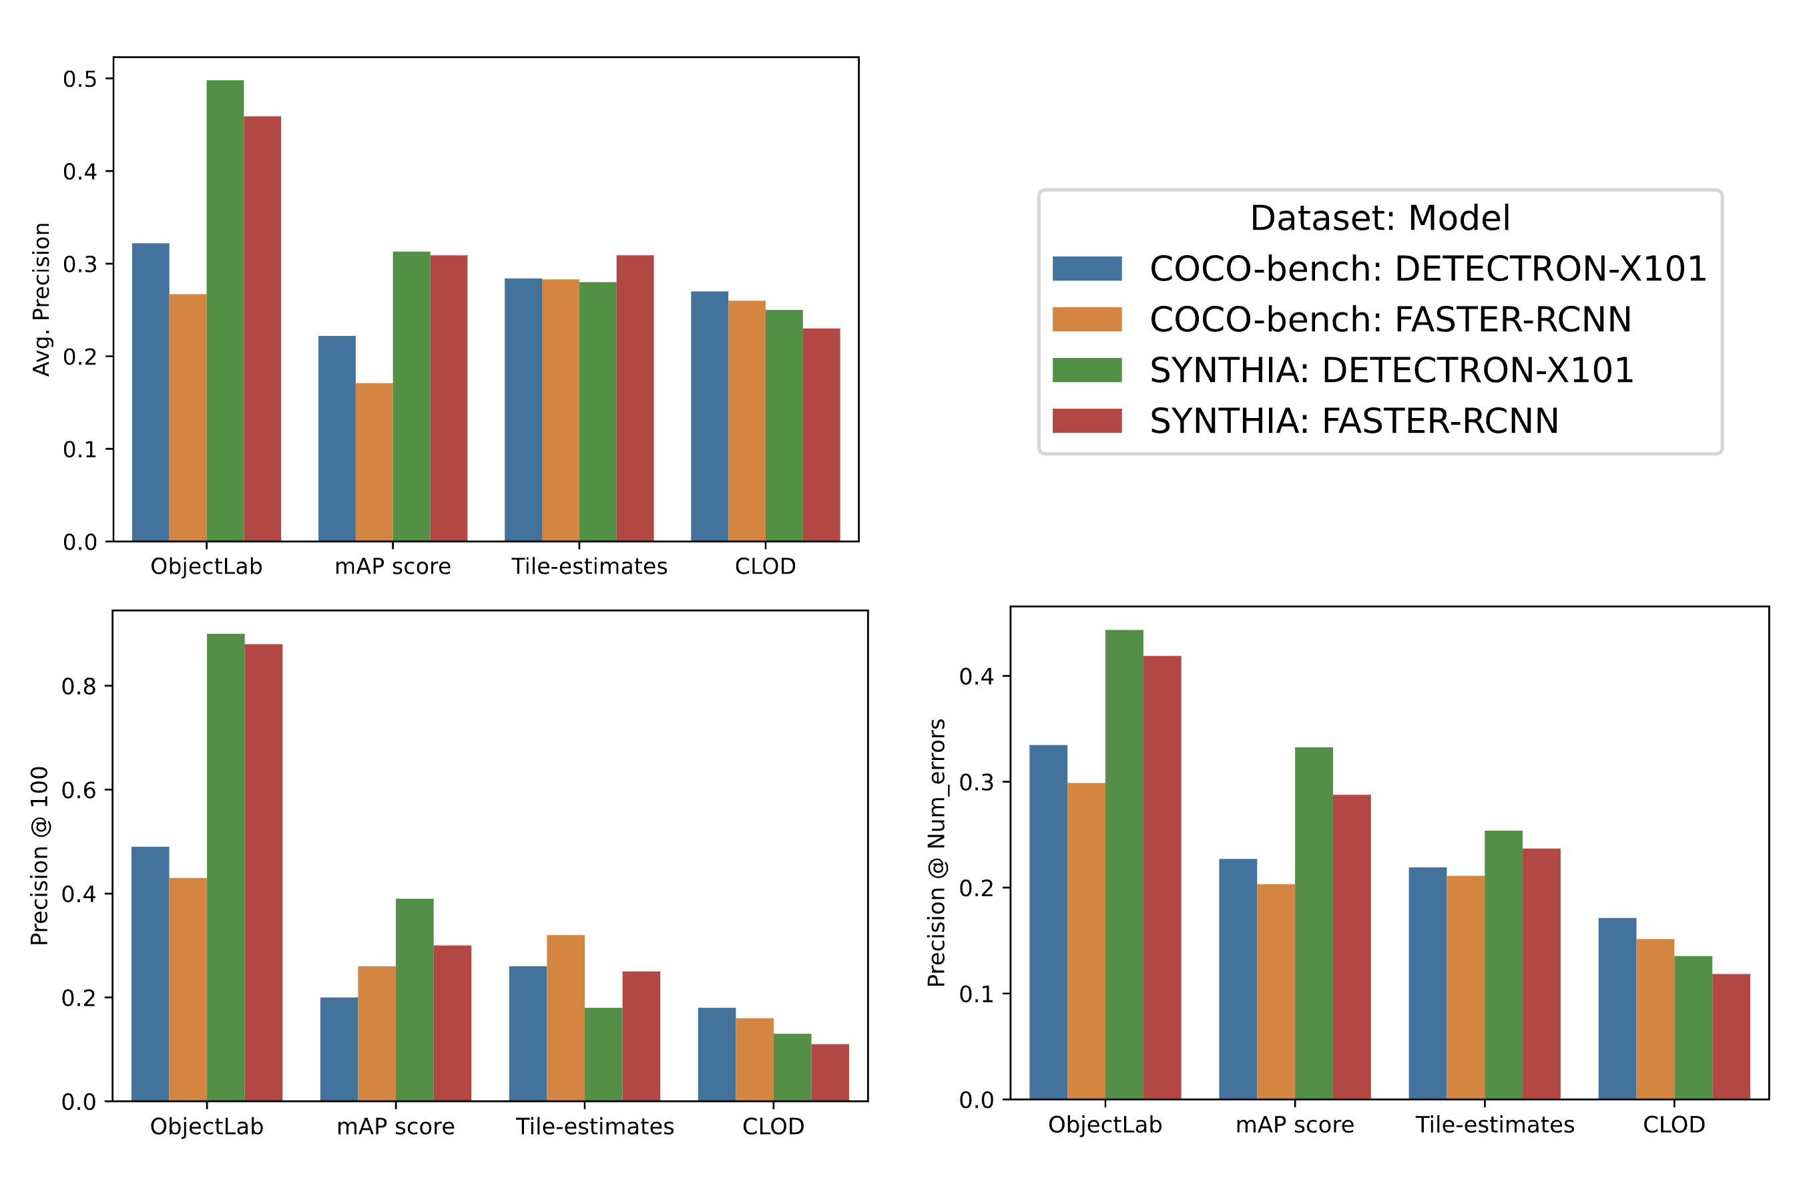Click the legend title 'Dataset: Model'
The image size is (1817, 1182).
pyautogui.click(x=1380, y=218)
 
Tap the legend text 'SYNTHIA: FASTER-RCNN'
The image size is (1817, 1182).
pyautogui.click(x=1354, y=421)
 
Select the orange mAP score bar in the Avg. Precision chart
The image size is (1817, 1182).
pyautogui.click(x=374, y=462)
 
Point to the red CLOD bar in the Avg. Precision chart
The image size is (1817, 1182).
pyautogui.click(x=822, y=435)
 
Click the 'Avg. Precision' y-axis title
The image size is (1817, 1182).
pyautogui.click(x=41, y=299)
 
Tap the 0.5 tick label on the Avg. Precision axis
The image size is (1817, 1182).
pyautogui.click(x=79, y=79)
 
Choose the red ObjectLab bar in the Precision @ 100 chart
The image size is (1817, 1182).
pyautogui.click(x=264, y=872)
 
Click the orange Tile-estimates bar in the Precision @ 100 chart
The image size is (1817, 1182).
pyautogui.click(x=565, y=1018)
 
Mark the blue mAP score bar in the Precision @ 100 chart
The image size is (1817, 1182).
pyautogui.click(x=339, y=1049)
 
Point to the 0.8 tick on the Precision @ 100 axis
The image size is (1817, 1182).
pyautogui.click(x=79, y=686)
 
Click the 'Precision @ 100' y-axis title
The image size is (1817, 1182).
pyautogui.click(x=39, y=856)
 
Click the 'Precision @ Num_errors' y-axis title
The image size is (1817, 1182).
pyautogui.click(x=937, y=853)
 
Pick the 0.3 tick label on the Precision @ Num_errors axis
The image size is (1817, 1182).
pyautogui.click(x=977, y=783)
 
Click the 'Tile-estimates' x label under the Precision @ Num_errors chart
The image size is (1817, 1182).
pyautogui.click(x=1495, y=1125)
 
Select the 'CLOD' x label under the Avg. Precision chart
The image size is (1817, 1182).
pyautogui.click(x=765, y=566)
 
